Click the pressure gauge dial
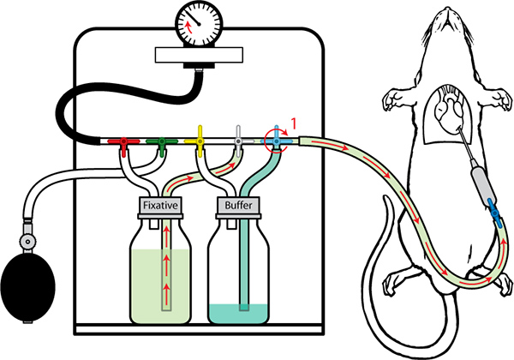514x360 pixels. (x=197, y=22)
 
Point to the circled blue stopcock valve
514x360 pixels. (x=277, y=136)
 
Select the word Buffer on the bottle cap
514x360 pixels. (x=237, y=207)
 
